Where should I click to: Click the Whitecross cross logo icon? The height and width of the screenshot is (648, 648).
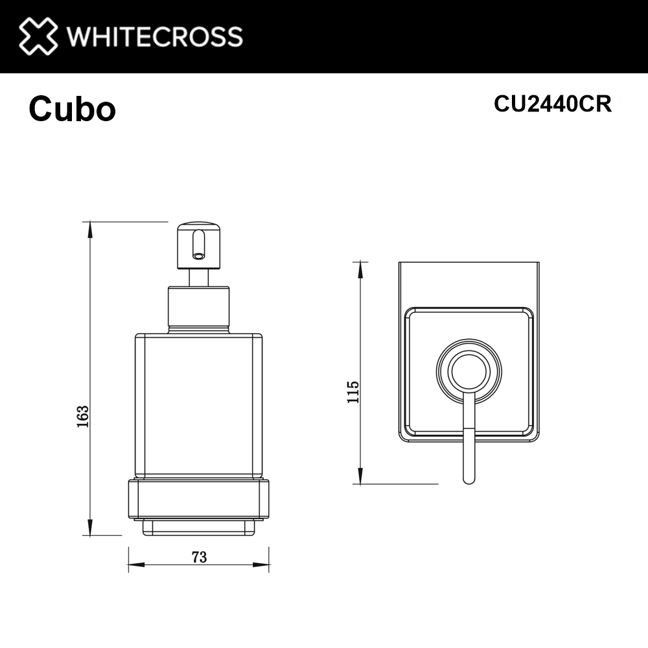tap(38, 36)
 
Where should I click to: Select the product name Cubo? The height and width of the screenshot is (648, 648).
tap(72, 110)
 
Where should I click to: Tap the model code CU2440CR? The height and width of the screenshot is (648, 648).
tap(552, 104)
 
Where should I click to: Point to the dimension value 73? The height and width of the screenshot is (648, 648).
tap(199, 557)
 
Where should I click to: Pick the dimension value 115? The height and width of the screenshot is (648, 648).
tap(353, 393)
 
